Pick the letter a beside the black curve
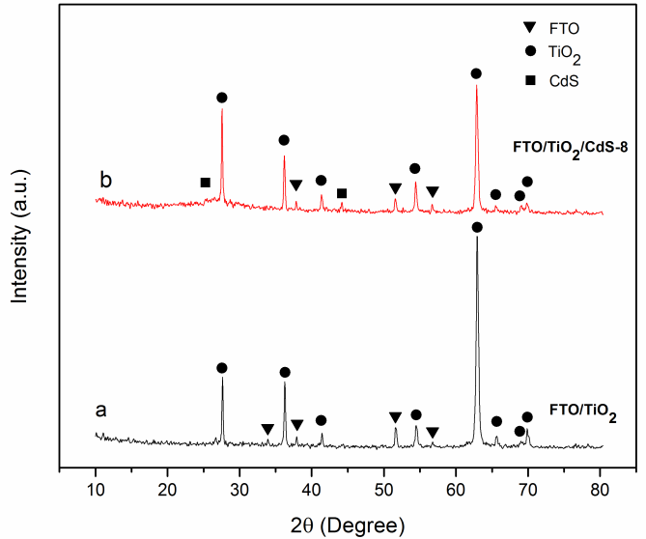pyautogui.click(x=100, y=410)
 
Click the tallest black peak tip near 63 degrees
pyautogui.click(x=476, y=237)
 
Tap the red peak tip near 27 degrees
pyautogui.click(x=222, y=108)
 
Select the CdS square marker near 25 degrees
pyautogui.click(x=205, y=183)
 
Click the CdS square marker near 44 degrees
pyautogui.click(x=342, y=193)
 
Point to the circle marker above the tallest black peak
pyautogui.click(x=476, y=227)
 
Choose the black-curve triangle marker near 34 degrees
pyautogui.click(x=267, y=429)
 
